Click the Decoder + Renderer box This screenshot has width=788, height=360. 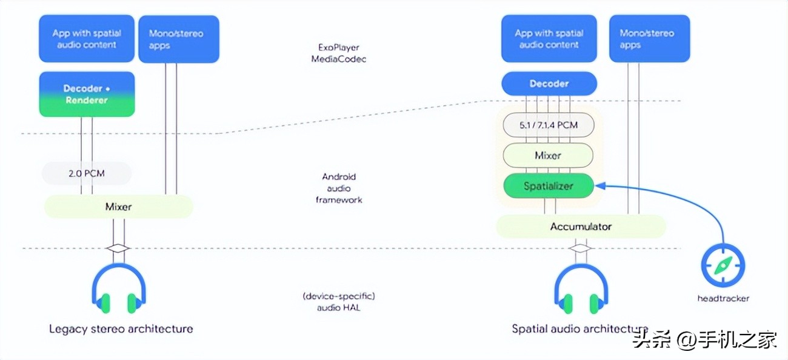[87, 94]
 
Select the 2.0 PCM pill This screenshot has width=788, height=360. [86, 173]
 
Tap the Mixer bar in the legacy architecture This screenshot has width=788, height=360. [118, 207]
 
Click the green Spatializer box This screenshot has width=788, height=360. [548, 186]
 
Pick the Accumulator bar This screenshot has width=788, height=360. [581, 227]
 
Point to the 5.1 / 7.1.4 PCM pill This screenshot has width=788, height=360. [548, 125]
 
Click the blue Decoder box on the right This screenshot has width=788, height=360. [549, 84]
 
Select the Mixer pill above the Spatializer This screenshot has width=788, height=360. [548, 155]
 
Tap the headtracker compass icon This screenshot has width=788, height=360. [723, 265]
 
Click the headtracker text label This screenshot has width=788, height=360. [723, 298]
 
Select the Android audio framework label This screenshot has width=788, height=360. [339, 188]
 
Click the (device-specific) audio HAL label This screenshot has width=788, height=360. [339, 301]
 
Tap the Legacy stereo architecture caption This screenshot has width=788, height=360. [121, 329]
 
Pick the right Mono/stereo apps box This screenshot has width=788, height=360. [649, 39]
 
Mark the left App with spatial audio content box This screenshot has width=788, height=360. [87, 39]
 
